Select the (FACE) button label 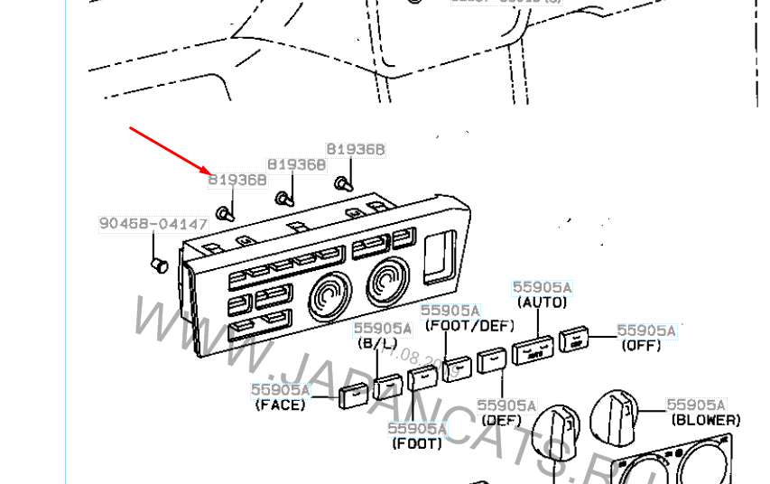pos(280,405)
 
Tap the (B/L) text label pos(377,344)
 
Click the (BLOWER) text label pos(706,420)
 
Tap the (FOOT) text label pos(417,443)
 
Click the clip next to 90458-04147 pos(160,265)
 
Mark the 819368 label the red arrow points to pos(237,180)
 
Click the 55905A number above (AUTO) pos(543,287)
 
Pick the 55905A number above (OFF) pos(645,330)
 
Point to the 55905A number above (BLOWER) pos(696,405)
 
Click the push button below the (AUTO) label pos(533,350)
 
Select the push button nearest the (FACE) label pos(353,394)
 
